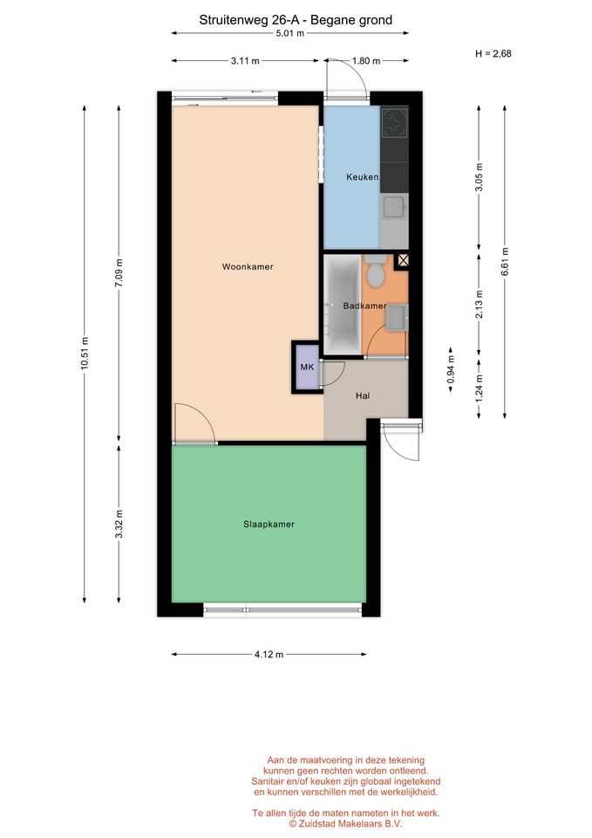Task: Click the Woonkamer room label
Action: tap(248, 267)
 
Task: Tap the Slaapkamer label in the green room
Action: tap(269, 525)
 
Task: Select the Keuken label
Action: tap(363, 177)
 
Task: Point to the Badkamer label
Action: tap(364, 306)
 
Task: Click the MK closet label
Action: tap(307, 367)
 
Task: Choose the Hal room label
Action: tap(363, 396)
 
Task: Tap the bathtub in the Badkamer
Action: tap(342, 304)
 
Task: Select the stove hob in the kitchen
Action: tap(394, 123)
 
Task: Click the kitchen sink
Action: tap(394, 207)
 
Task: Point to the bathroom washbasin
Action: tap(398, 318)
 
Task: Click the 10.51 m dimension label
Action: tap(85, 354)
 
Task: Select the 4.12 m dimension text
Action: tap(269, 654)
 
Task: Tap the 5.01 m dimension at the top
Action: tap(289, 33)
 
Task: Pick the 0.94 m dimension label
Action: tap(451, 369)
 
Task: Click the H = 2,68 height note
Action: tap(493, 53)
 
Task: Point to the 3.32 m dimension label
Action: tap(119, 525)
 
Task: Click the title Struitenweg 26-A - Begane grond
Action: tap(296, 20)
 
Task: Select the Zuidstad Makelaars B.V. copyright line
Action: tap(345, 823)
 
